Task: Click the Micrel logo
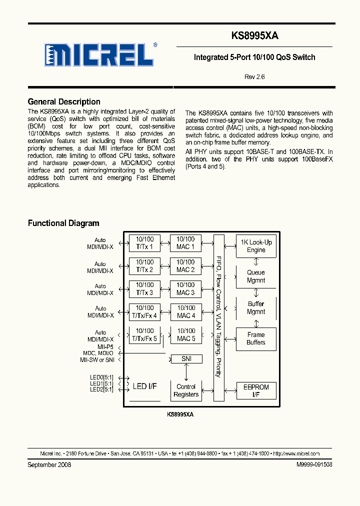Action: [98, 54]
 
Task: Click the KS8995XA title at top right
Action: [254, 36]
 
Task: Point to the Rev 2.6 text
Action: [254, 77]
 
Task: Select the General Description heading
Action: [64, 102]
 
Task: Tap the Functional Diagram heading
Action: [63, 223]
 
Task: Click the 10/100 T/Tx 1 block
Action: [144, 243]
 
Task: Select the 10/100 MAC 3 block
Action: [185, 289]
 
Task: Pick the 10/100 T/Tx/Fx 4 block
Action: [144, 312]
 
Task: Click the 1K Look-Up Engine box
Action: [256, 246]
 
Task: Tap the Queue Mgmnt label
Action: [256, 276]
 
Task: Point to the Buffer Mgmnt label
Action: [256, 308]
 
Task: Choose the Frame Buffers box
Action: [256, 338]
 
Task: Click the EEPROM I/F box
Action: [256, 391]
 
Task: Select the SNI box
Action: [186, 359]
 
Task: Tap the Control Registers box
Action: [186, 390]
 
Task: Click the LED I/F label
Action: [144, 386]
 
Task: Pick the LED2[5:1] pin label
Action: [101, 389]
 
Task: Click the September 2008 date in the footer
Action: [49, 464]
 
